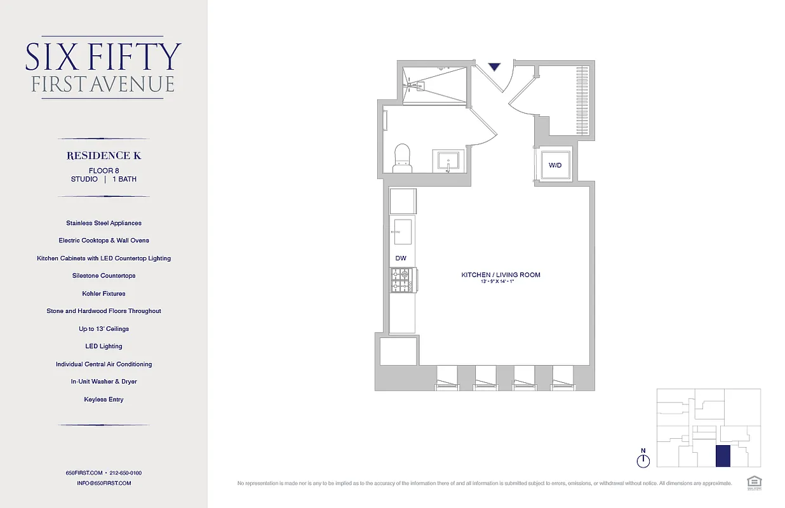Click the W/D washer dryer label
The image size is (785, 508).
pos(555,165)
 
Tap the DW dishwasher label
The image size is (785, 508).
pos(401,258)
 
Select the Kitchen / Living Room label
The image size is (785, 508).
pos(500,275)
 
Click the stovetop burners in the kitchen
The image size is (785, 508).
pos(401,280)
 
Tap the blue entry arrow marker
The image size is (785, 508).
pos(495,66)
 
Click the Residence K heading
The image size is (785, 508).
pos(104,156)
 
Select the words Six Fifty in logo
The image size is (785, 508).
pos(104,57)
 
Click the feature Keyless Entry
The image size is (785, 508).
pos(104,399)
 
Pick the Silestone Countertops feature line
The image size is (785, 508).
pos(104,276)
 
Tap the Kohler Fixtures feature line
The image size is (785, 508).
pos(104,293)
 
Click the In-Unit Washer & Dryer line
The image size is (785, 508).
pos(104,382)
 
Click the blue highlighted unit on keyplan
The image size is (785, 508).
pos(722,456)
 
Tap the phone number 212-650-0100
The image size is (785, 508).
pos(126,473)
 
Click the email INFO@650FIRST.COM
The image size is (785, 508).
pos(104,483)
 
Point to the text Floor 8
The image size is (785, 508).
pos(104,170)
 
